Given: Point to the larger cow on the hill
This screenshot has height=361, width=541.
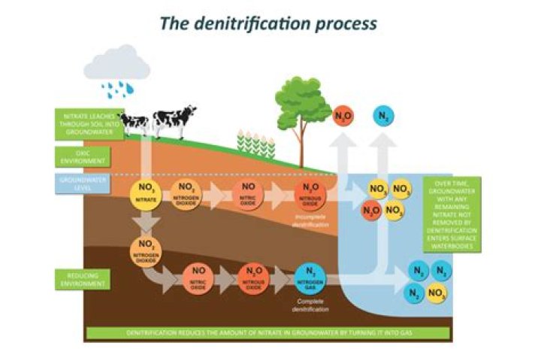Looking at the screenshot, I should (174, 119).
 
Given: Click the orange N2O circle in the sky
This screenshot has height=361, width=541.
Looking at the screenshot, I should (343, 117).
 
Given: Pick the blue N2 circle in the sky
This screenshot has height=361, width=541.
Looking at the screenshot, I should (384, 117).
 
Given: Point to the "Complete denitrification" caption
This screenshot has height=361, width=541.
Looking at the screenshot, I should (309, 305).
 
